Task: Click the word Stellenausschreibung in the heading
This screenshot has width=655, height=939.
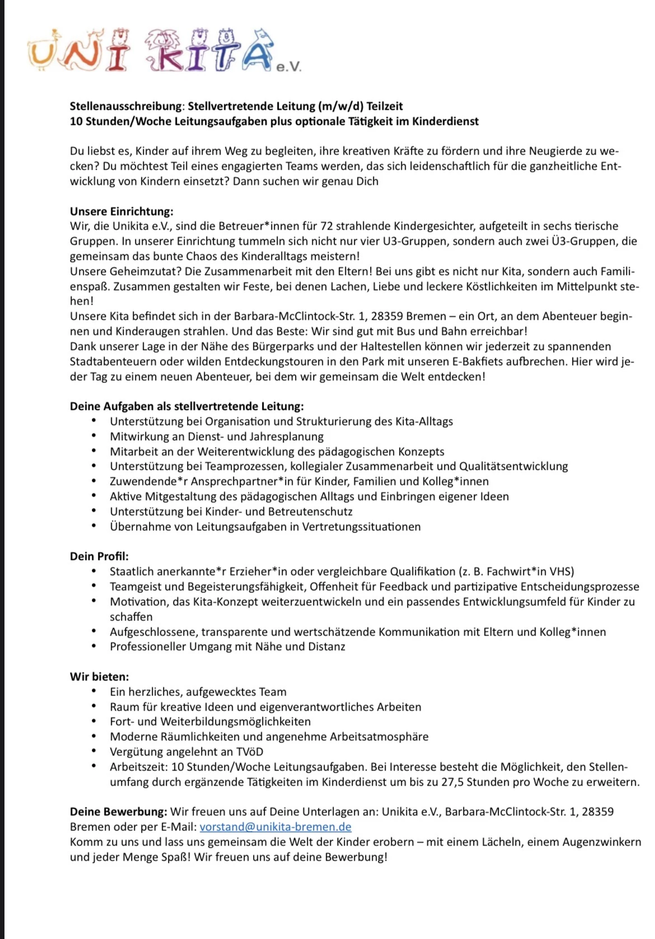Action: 127,106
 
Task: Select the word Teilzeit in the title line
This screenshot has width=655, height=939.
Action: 385,106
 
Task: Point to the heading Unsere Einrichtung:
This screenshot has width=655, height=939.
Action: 121,211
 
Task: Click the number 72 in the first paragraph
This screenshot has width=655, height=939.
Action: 327,226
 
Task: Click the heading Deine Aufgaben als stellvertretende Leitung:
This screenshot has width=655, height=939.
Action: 187,407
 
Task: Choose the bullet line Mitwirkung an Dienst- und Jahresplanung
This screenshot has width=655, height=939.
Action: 217,437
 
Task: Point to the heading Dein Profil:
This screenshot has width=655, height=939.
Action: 99,557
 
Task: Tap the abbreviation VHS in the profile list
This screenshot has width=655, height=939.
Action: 562,572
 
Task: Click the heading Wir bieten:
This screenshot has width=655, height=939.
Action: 99,676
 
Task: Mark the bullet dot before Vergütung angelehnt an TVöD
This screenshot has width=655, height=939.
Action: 96,751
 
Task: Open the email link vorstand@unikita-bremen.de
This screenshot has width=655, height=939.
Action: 275,827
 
